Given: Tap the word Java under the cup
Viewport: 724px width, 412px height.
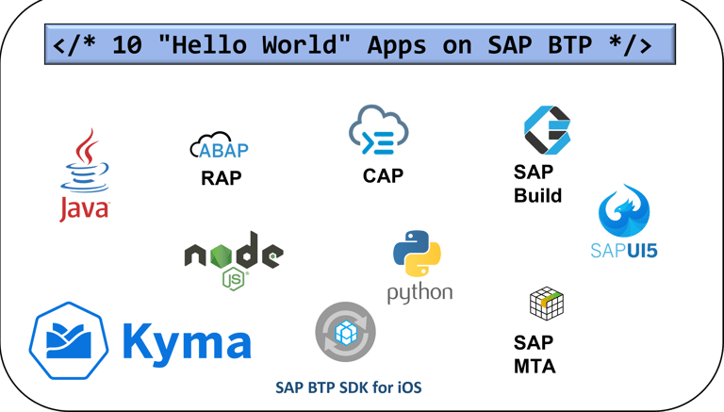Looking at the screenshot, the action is [x=84, y=208].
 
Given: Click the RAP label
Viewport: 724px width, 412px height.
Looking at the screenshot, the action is [x=222, y=177].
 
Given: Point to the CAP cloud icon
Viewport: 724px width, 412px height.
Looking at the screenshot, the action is [x=378, y=132].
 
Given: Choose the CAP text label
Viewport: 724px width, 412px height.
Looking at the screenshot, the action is [x=383, y=175].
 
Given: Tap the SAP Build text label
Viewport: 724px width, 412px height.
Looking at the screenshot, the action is [x=537, y=185].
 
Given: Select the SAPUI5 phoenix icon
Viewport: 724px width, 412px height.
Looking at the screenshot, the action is [x=623, y=213].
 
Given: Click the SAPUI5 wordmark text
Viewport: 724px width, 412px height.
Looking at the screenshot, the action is [x=623, y=250].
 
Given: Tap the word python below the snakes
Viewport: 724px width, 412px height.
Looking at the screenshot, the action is [x=420, y=293].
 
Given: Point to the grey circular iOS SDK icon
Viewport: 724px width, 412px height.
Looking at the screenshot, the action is [x=345, y=332].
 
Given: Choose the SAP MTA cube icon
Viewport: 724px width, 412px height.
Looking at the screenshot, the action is [x=546, y=304].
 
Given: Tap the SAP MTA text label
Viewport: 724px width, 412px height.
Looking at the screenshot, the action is [x=534, y=354].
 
